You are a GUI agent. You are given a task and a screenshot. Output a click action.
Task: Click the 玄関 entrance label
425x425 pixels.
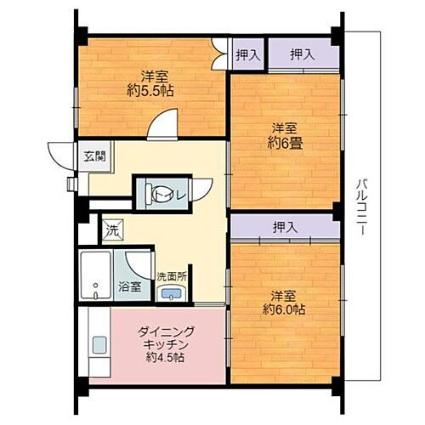(93, 156)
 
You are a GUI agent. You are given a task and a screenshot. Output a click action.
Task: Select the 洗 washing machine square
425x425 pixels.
(110, 229)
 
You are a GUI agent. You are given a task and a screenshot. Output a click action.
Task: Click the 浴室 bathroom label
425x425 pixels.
(128, 286)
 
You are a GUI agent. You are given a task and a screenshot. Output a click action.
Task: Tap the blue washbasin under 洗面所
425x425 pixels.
(171, 293)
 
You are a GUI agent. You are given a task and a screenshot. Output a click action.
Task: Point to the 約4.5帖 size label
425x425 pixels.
(166, 358)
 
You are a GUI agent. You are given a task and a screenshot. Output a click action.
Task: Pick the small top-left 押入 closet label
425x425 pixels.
(247, 54)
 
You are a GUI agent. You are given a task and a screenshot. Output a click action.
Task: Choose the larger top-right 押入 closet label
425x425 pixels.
(302, 54)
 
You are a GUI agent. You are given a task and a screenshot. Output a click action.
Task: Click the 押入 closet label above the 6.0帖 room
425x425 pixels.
(285, 227)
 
